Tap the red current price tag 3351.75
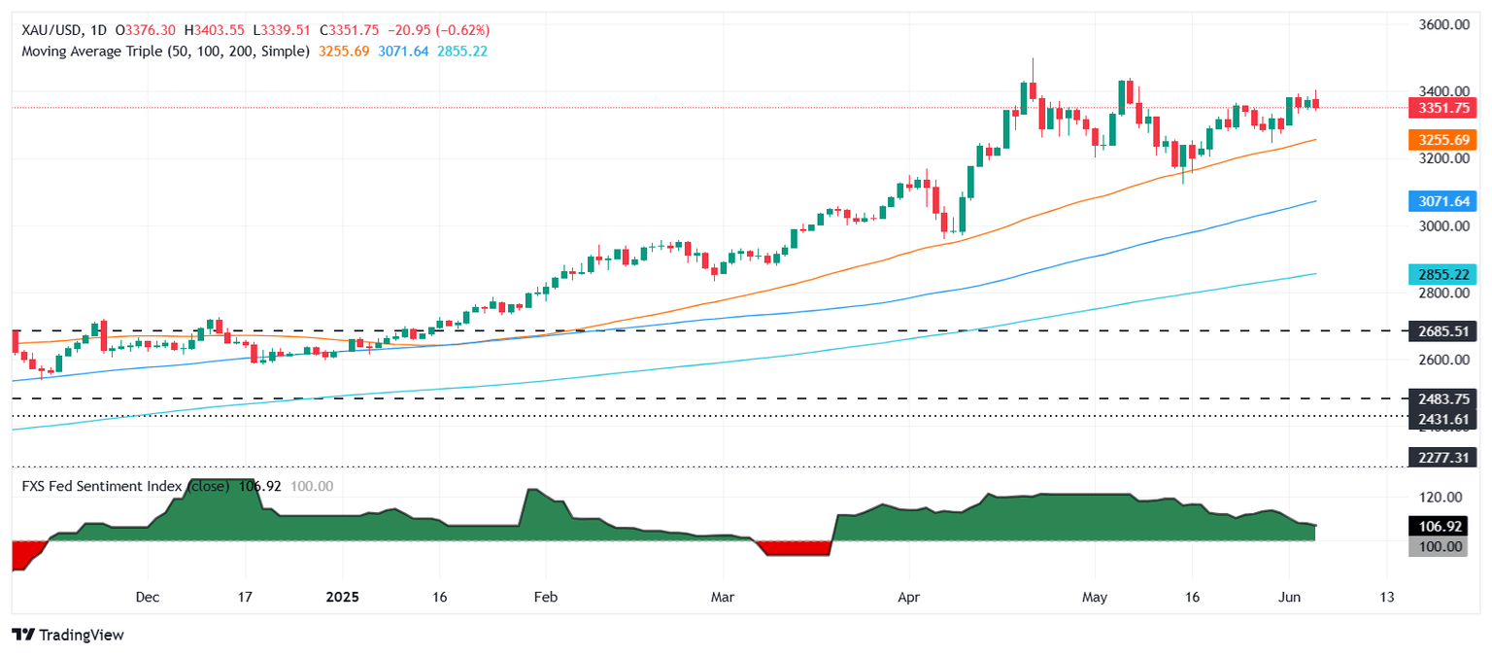(x=1442, y=108)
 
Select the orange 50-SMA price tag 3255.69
(x=1442, y=140)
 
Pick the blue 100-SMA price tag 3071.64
(x=1442, y=201)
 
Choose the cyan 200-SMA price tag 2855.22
(x=1442, y=274)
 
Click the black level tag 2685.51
(x=1442, y=331)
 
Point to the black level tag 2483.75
(x=1442, y=398)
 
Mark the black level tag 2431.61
(x=1442, y=419)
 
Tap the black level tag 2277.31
(x=1442, y=457)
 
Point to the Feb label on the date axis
(x=545, y=597)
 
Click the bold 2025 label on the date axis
(x=342, y=597)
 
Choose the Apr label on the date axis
(x=909, y=597)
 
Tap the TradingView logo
(x=68, y=635)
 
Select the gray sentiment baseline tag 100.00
(x=1442, y=546)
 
